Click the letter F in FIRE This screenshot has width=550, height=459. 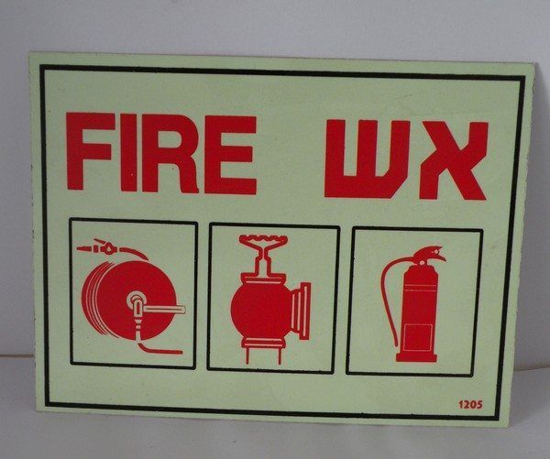pyautogui.click(x=90, y=151)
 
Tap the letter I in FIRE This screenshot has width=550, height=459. pyautogui.click(x=128, y=153)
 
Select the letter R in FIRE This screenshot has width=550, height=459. pyautogui.click(x=170, y=154)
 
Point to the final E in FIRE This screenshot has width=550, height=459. pyautogui.click(x=230, y=155)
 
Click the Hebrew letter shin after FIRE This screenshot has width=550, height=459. pyautogui.click(x=368, y=158)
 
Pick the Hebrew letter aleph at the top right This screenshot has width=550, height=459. pyautogui.click(x=454, y=160)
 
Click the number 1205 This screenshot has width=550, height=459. pyautogui.click(x=471, y=405)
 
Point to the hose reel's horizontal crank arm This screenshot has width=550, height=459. pyautogui.click(x=164, y=309)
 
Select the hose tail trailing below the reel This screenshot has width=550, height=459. pyautogui.click(x=159, y=349)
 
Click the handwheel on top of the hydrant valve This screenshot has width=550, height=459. pyautogui.click(x=263, y=240)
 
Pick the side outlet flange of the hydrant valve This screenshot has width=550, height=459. pyautogui.click(x=302, y=311)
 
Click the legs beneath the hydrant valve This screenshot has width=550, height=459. pyautogui.click(x=263, y=354)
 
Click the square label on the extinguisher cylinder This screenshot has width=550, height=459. pyautogui.click(x=417, y=337)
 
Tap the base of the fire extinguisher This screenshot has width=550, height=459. pyautogui.click(x=416, y=357)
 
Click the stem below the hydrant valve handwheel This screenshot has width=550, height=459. pyautogui.click(x=263, y=261)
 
